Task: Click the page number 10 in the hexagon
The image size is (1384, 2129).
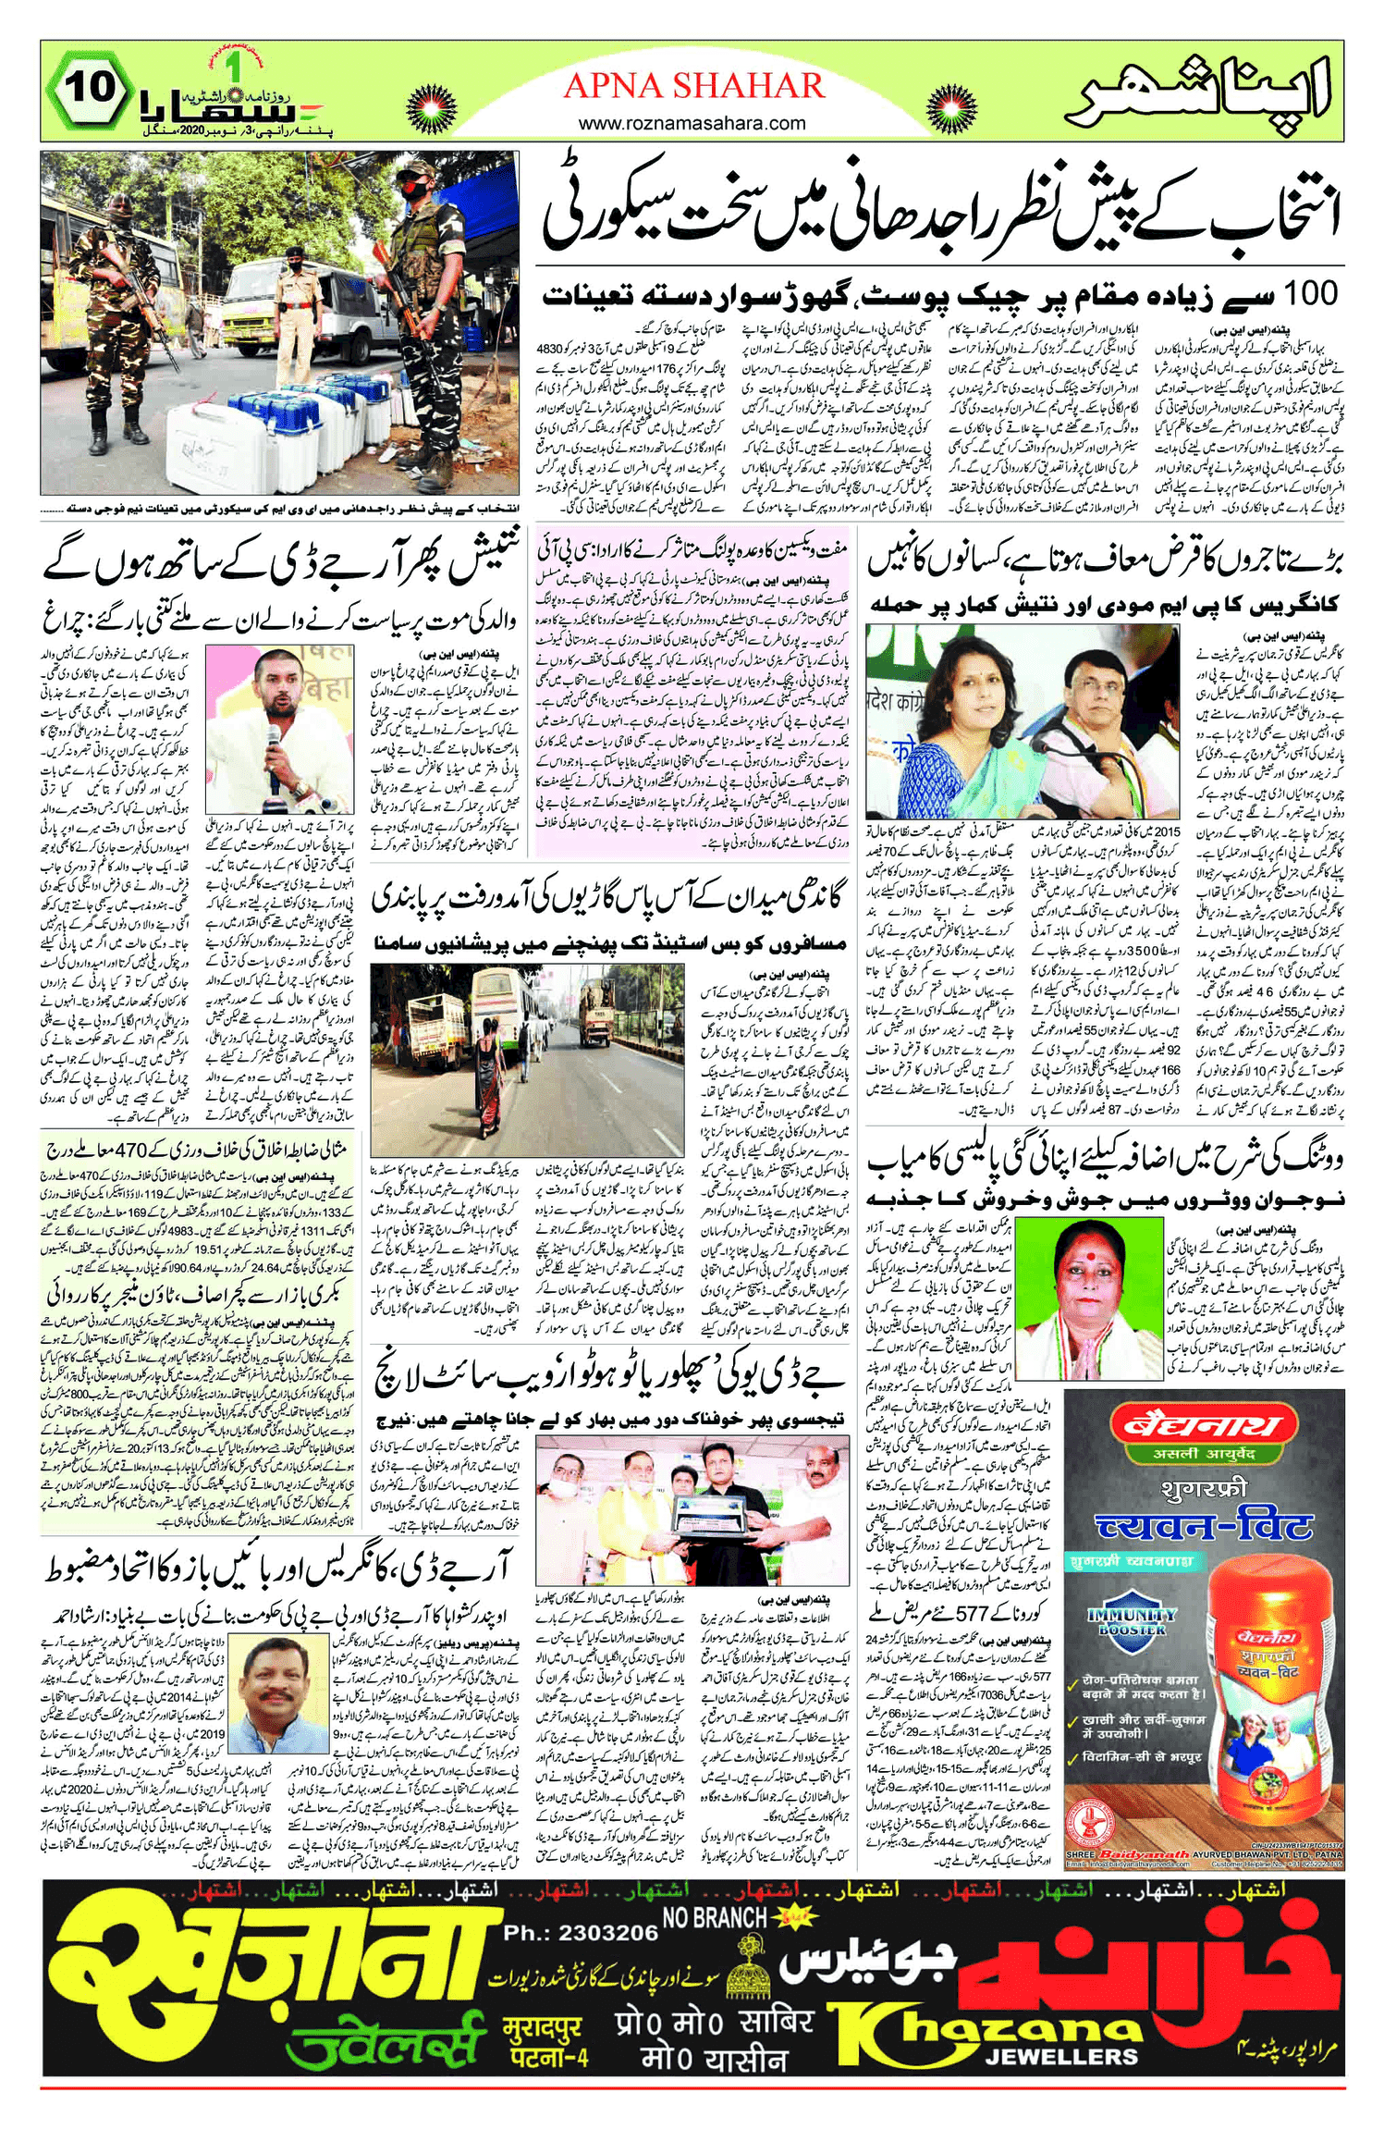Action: [x=91, y=89]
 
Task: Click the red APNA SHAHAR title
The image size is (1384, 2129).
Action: [x=693, y=86]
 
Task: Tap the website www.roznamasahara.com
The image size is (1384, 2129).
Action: [x=692, y=123]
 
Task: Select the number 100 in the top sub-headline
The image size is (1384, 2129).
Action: [x=1306, y=294]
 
